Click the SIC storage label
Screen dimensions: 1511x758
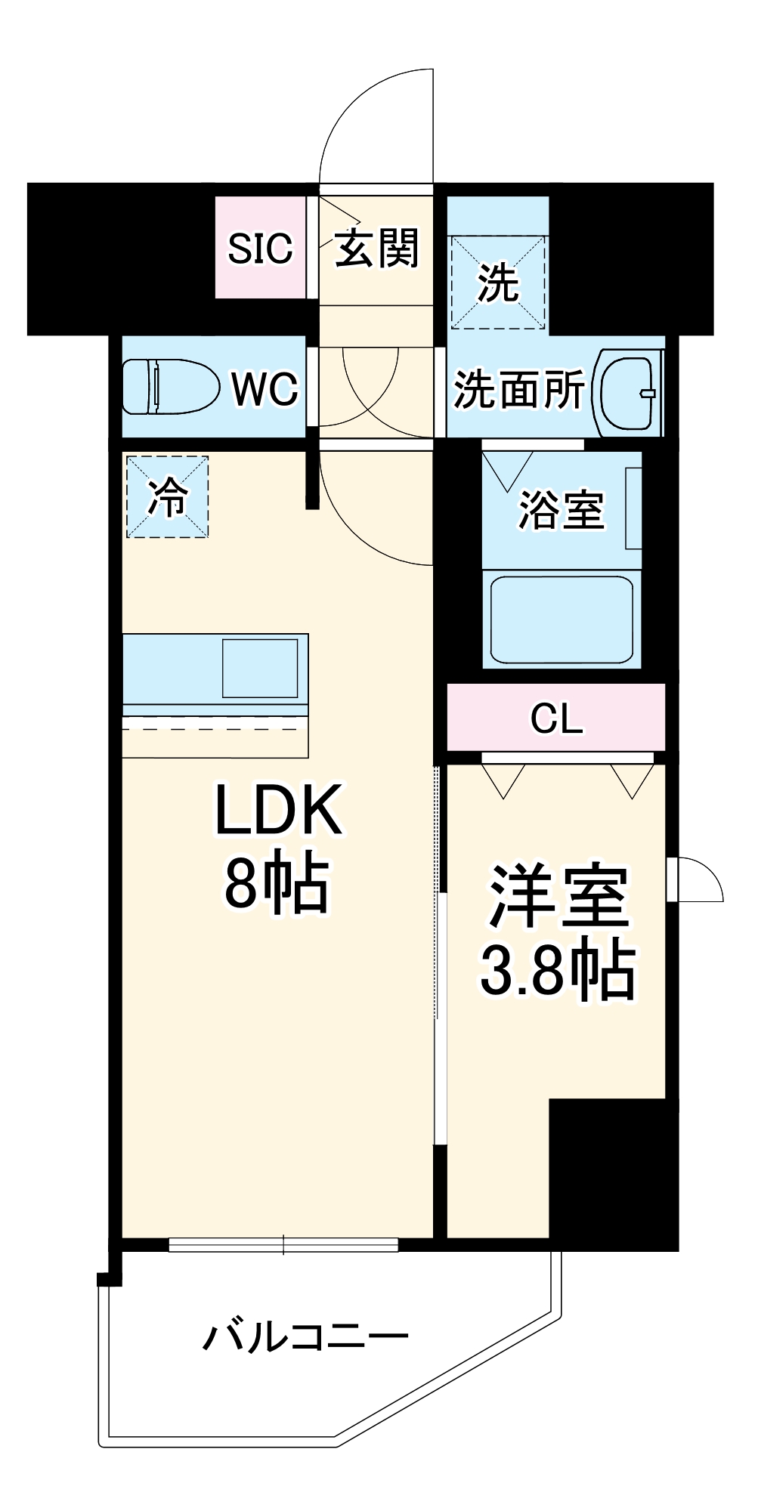point(260,248)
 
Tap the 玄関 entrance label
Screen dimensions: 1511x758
point(376,247)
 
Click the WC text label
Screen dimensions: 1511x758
point(265,389)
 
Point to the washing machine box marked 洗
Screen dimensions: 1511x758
point(498,282)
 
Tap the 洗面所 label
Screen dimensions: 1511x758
point(519,390)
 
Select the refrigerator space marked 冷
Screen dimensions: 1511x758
point(167,496)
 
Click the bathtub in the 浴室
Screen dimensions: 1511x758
point(562,620)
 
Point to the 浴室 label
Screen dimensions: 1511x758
point(561,510)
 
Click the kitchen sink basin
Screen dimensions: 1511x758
point(259,668)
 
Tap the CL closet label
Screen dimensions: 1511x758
point(556,718)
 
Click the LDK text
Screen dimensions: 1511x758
point(279,810)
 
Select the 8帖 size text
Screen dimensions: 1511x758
point(277,882)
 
